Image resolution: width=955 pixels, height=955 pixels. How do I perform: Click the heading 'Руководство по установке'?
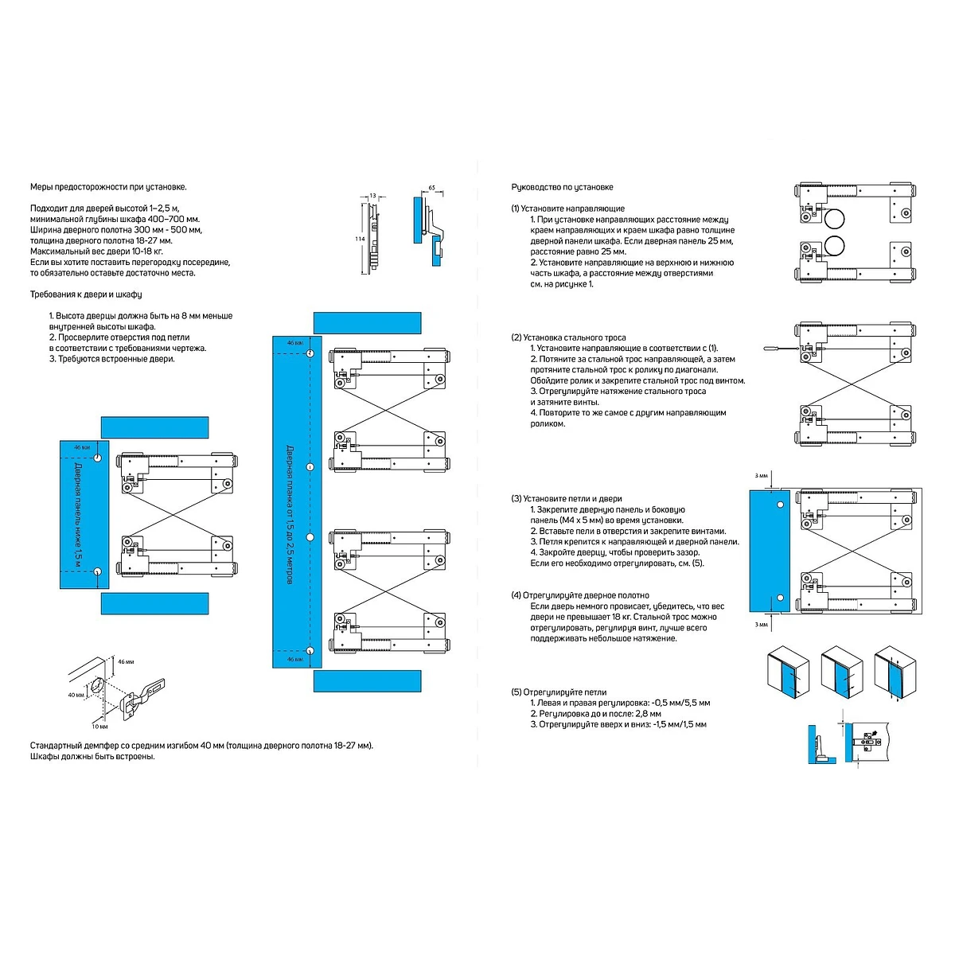coord(562,187)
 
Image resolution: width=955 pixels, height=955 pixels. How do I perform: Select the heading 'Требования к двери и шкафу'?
coord(86,294)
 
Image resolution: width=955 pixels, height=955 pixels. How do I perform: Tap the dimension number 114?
coord(360,239)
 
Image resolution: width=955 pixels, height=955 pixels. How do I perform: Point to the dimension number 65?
coord(431,188)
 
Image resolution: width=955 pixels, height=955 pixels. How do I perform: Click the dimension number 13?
coord(372,195)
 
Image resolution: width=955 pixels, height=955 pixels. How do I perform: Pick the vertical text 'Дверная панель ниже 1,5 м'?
coord(78,515)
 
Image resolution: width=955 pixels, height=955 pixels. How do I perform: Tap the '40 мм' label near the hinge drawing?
coord(76,695)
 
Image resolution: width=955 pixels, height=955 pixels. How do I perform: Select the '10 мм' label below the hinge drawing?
coord(99,726)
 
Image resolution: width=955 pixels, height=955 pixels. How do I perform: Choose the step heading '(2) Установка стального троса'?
coord(568,337)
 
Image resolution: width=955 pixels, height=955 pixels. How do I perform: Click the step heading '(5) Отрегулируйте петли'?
coord(559,692)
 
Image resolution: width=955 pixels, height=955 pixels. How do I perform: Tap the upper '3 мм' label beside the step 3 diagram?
coord(761,475)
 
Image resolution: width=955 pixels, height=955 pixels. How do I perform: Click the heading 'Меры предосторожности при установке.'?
coord(108,187)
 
